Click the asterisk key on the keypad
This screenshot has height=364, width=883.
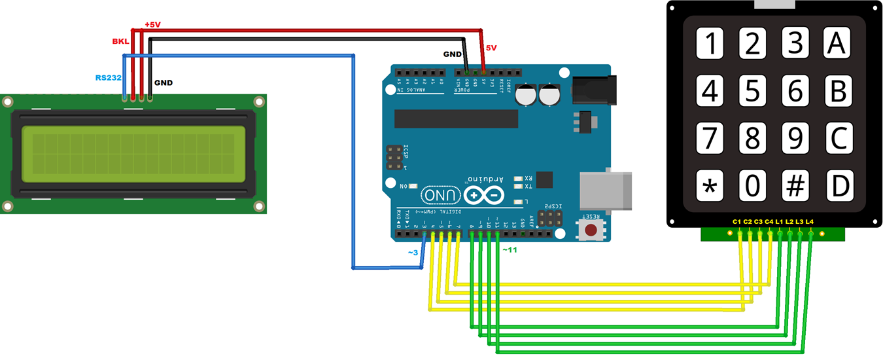(709, 186)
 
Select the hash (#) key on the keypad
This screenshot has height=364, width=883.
(795, 186)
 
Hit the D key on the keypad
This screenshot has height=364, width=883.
(839, 186)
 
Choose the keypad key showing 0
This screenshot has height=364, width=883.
(752, 186)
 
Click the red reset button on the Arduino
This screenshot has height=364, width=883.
(591, 230)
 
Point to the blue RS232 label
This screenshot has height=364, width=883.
(108, 77)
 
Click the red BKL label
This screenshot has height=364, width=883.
(120, 41)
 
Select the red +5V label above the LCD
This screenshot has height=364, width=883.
(152, 24)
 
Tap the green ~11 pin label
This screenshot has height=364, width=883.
(509, 249)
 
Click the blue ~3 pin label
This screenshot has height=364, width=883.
(413, 252)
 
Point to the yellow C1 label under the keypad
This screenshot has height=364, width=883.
(736, 222)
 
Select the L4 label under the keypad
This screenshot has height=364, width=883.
(810, 222)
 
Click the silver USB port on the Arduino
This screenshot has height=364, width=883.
(606, 191)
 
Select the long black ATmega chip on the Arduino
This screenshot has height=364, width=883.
(456, 118)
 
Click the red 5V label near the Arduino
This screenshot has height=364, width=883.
(491, 48)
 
